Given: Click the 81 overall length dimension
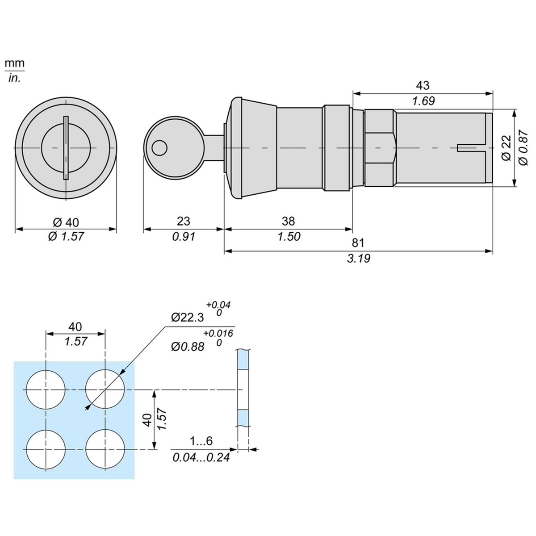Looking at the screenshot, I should coord(358,243).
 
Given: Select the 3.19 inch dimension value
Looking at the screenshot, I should coord(358,259).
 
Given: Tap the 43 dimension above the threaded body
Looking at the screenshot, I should coord(423,85).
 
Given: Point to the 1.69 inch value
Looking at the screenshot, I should coord(423,101).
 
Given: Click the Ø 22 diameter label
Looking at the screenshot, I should coord(506,147).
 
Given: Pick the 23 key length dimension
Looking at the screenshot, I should coord(183,221).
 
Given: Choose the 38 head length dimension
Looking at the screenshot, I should coord(289,221).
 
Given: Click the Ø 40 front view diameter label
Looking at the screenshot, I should coord(66,222).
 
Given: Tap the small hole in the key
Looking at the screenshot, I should coord(159,147).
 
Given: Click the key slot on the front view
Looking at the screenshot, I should coord(66,147).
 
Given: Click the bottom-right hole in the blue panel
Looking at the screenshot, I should coord(105,449).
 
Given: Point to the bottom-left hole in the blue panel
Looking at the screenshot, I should coord(46,449).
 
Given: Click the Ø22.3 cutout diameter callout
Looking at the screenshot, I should coord(188,318).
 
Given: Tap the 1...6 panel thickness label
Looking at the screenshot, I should coord(201,442).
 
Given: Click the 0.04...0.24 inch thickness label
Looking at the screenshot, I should coord(201,457).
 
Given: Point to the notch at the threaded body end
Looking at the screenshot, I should coord(471,147).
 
